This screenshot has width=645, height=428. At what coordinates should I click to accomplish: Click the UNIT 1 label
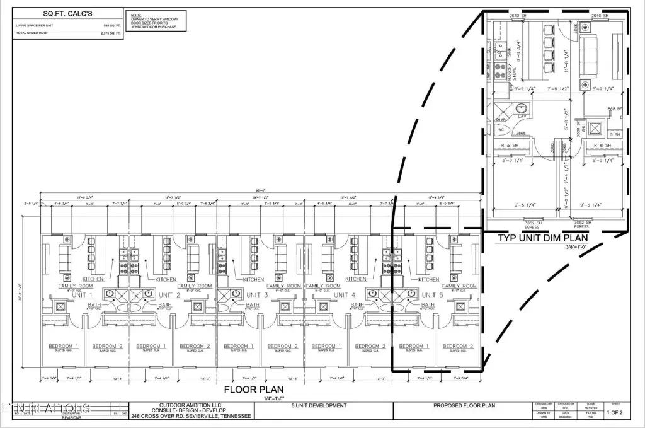(x=82, y=295)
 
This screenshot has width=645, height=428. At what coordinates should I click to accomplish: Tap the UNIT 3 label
(x=257, y=295)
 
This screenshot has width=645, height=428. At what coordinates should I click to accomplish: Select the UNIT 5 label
(x=433, y=295)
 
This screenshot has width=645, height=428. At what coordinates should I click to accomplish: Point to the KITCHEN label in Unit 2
(x=166, y=279)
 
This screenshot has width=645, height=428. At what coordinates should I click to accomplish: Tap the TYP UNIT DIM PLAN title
(x=543, y=238)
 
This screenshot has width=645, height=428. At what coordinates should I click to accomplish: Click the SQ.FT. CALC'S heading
(x=67, y=13)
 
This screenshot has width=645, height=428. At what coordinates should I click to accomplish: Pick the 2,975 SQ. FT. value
(x=111, y=32)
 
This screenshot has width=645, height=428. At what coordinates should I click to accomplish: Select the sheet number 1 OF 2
(x=615, y=412)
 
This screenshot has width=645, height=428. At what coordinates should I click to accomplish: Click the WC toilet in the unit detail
(x=501, y=130)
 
